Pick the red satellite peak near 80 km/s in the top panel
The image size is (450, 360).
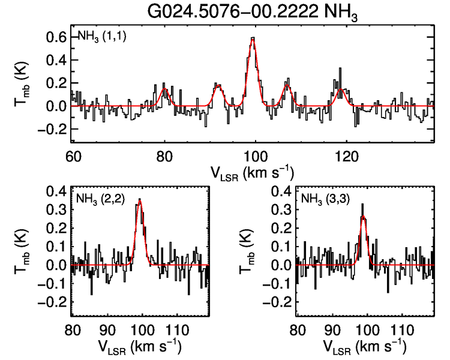click(x=164, y=89)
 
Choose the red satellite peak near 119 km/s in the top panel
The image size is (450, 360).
click(x=341, y=89)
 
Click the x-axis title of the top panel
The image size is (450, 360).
click(x=252, y=172)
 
